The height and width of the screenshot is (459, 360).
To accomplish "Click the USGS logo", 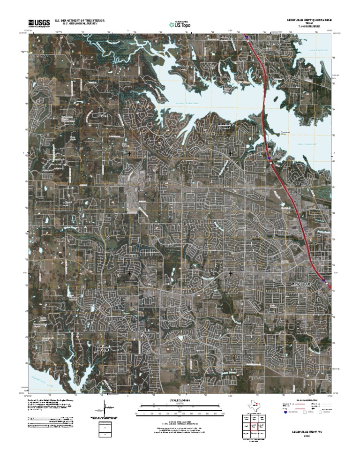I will (39, 22).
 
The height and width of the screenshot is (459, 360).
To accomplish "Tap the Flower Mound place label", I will (102, 347).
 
